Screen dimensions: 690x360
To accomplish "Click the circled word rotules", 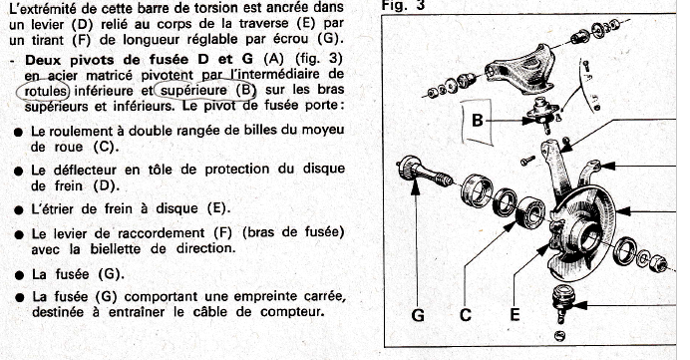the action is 46,91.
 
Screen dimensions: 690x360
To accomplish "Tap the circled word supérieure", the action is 193,90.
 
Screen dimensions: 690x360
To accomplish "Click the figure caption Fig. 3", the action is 403,5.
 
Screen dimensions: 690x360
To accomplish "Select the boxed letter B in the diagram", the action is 478,120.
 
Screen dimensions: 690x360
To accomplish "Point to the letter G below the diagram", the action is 418,315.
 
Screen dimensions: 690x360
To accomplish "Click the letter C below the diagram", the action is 466,315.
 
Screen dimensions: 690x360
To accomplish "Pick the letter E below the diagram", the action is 515,315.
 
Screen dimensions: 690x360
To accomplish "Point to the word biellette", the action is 118,248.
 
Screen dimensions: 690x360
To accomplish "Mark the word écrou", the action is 292,39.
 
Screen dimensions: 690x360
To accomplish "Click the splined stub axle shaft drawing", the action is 425,173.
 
